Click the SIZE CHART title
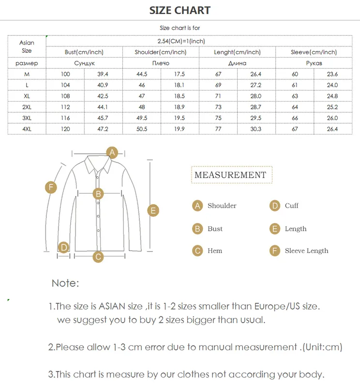tap(180, 11)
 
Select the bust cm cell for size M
tap(65, 74)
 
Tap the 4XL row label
tap(27, 129)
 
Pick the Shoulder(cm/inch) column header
tap(161, 52)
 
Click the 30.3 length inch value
tap(256, 129)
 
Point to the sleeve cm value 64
tap(295, 107)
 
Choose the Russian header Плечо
tap(161, 63)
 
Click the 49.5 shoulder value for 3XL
tap(142, 118)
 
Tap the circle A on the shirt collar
tap(112, 153)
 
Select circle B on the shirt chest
tap(98, 194)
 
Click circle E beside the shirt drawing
tap(152, 210)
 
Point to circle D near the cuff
tap(63, 247)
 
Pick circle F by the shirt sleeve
tap(51, 187)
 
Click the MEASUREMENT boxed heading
tap(230, 175)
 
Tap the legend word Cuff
tap(291, 206)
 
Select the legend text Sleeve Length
tap(306, 251)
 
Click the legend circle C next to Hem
tap(197, 251)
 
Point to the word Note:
tap(65, 283)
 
